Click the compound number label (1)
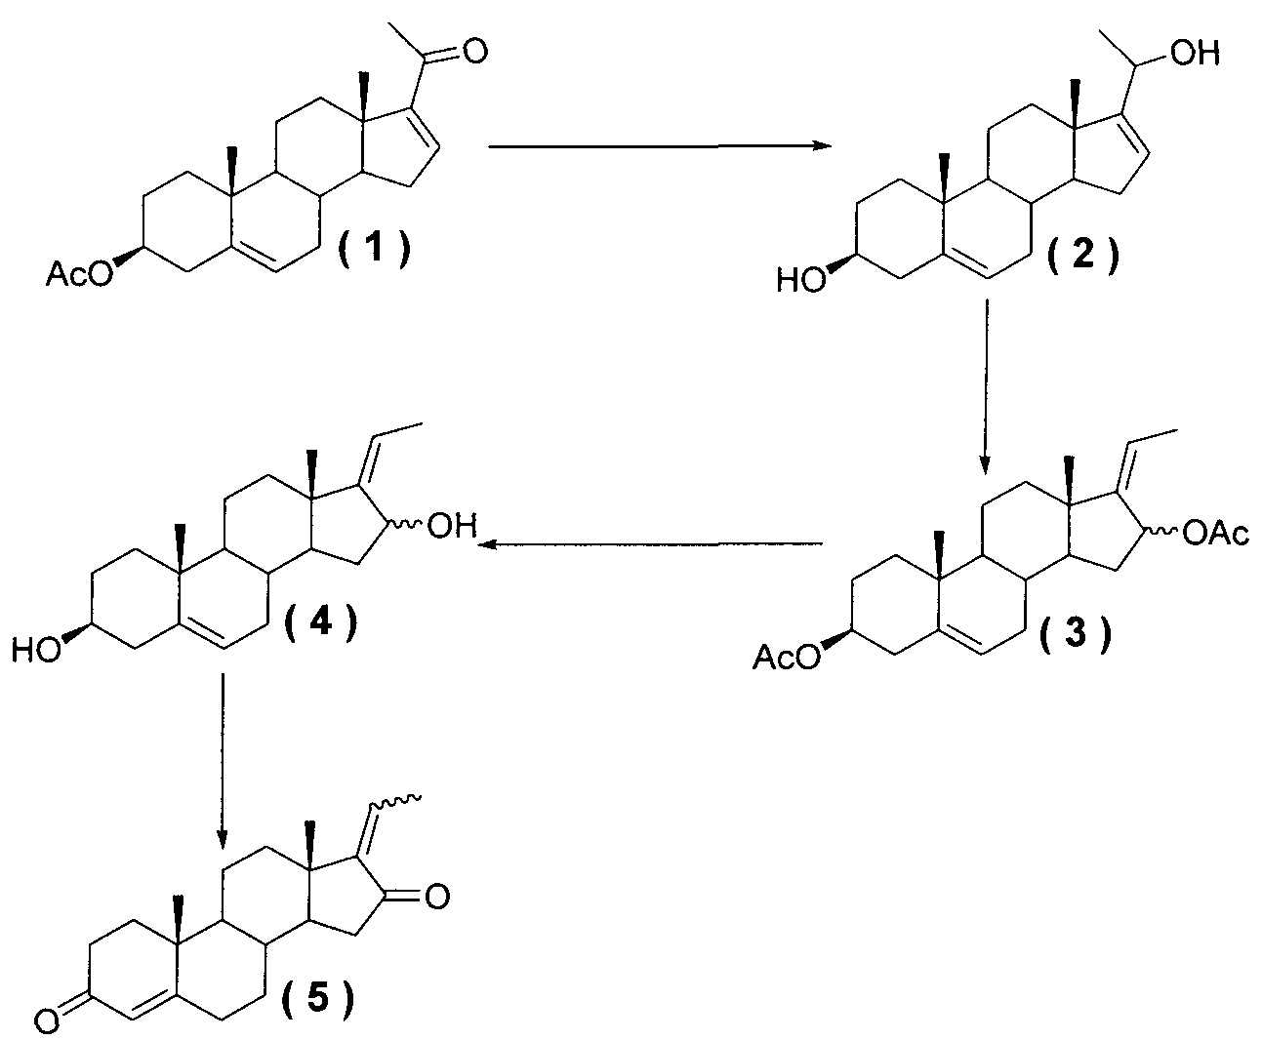375,249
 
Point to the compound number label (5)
318,997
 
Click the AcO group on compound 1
80,275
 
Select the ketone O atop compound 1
473,51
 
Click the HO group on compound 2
801,281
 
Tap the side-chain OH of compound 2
1195,54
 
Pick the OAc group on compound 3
1215,535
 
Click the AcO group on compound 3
787,657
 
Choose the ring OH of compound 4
452,526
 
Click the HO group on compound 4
36,651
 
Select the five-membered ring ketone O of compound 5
437,897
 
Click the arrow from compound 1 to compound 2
660,145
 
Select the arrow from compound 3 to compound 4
650,544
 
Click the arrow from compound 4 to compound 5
224,761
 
